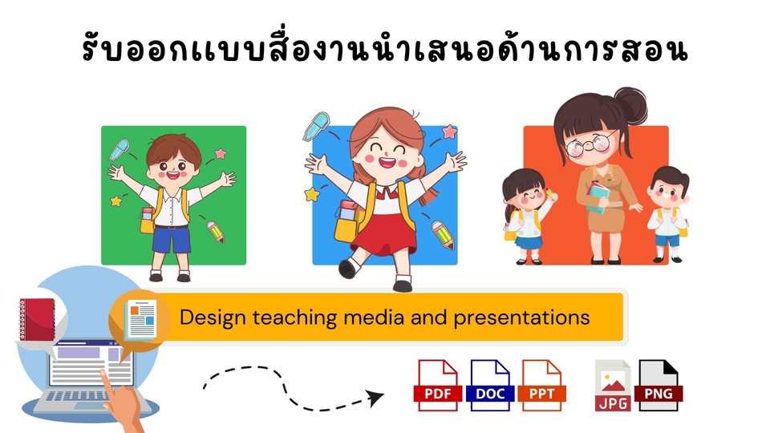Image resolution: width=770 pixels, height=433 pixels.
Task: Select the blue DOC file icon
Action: tap(490, 385)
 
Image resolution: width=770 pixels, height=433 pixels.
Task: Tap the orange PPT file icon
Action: tap(543, 385)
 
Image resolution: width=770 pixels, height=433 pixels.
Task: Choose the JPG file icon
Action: tap(612, 386)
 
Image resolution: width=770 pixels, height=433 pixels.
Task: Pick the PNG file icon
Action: tap(659, 386)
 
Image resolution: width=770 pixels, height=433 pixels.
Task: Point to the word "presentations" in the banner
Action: tap(521, 317)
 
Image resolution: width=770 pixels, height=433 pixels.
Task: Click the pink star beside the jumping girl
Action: tap(449, 132)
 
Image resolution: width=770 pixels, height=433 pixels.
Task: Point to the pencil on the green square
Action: tap(216, 231)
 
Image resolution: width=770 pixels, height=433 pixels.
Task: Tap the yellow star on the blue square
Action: tap(312, 194)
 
